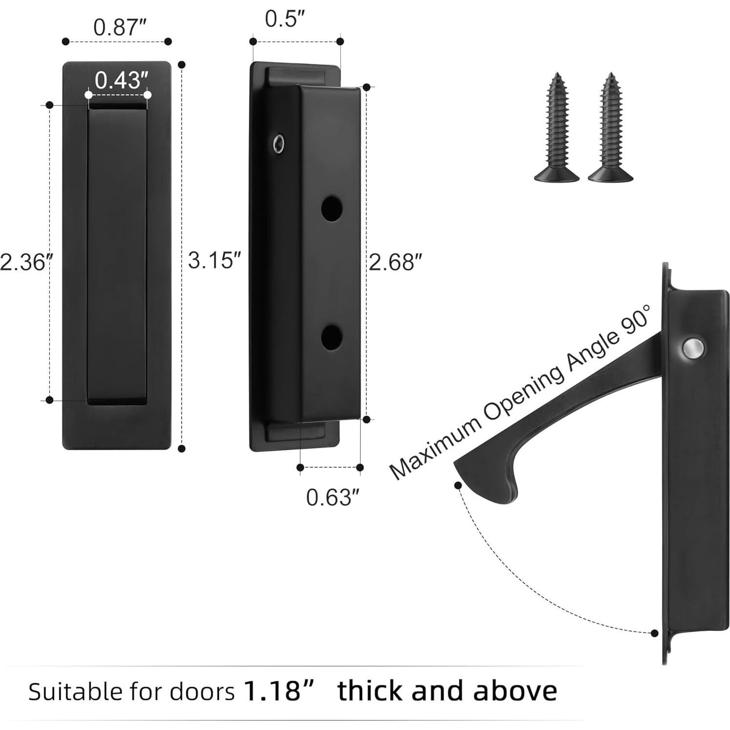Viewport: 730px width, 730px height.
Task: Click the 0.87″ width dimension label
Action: point(120,27)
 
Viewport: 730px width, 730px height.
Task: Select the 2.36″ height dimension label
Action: point(25,262)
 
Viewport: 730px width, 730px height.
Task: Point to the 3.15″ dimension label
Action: point(214,260)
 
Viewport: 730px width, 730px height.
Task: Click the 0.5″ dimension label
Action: point(285,19)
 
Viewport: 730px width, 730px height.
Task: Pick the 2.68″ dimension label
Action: point(395,262)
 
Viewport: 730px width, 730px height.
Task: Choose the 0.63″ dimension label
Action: point(333,498)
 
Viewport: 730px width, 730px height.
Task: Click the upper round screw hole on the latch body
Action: point(332,209)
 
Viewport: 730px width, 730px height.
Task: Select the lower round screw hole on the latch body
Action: point(332,337)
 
